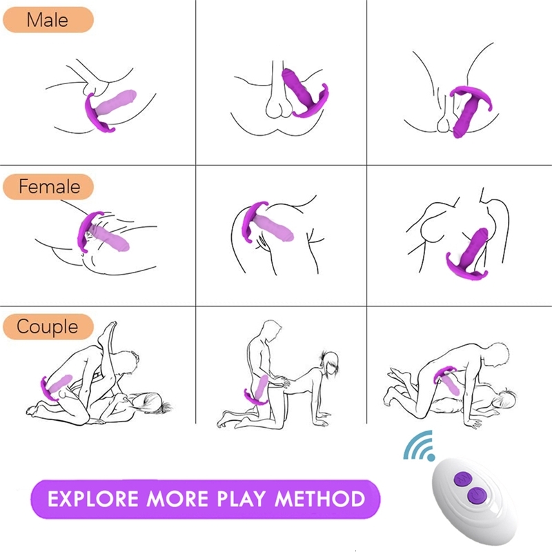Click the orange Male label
48,20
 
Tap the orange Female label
48,186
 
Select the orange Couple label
48,326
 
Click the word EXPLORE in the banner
93,499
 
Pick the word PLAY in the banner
241,499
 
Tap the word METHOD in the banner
319,499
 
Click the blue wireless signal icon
419,445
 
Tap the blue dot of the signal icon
431,457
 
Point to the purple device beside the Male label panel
109,110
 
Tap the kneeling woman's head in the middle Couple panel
331,363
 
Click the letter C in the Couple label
23,326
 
